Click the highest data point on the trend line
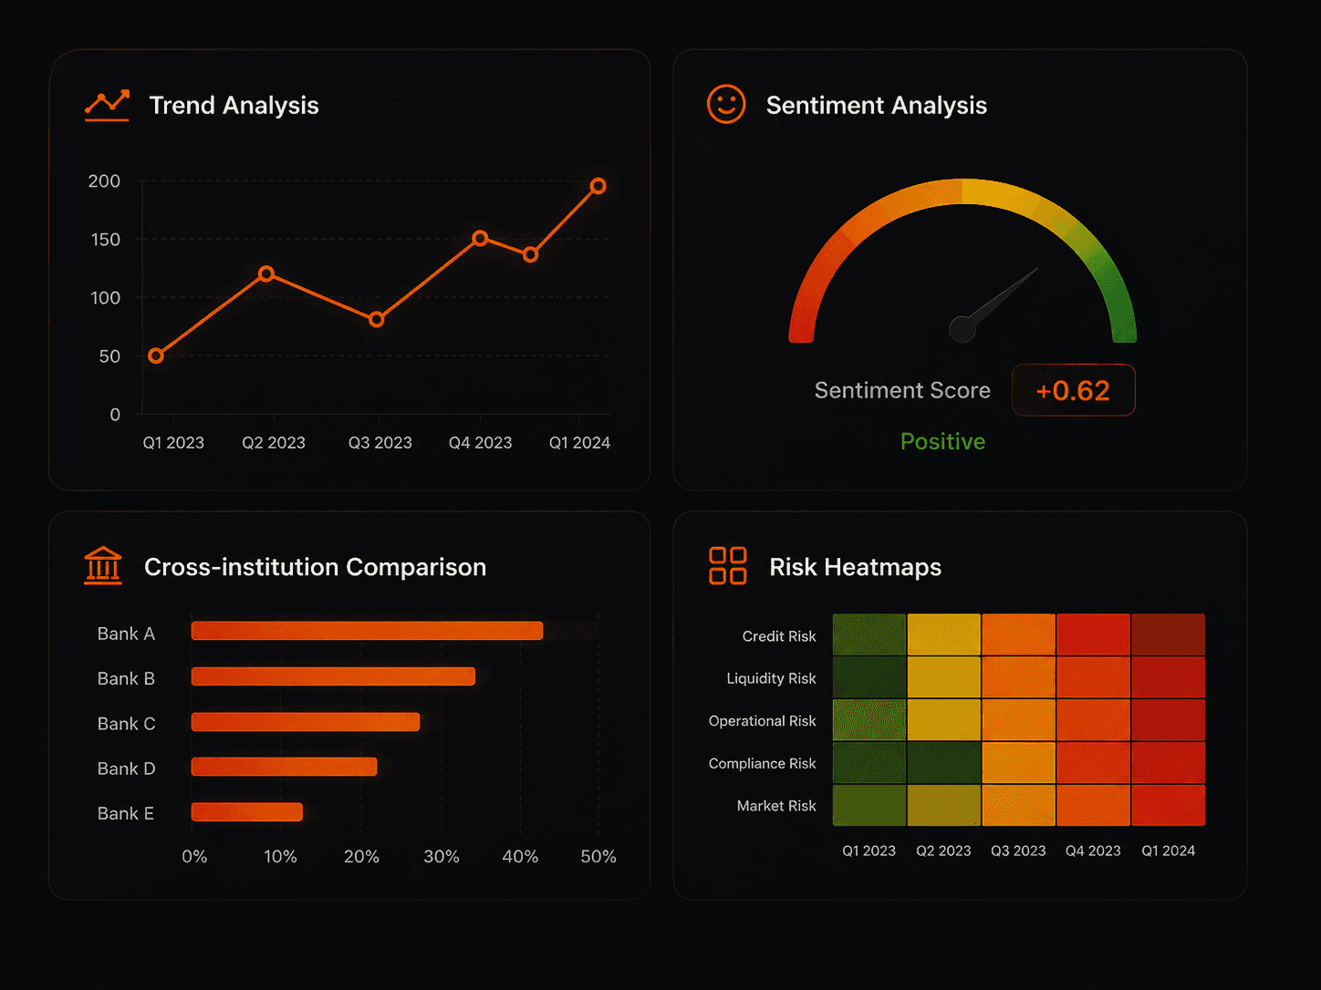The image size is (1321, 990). click(x=598, y=186)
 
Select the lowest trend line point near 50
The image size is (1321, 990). click(x=156, y=356)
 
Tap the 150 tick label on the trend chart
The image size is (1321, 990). click(x=105, y=240)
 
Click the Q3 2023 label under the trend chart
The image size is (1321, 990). click(x=380, y=443)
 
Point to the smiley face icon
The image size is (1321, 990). click(x=726, y=104)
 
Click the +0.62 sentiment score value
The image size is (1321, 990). click(x=1073, y=391)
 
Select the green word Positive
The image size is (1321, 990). click(x=942, y=442)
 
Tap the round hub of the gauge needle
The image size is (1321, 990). click(x=962, y=329)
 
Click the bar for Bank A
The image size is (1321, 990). click(x=367, y=631)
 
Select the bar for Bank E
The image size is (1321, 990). click(x=246, y=812)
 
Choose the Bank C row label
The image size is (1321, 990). click(x=127, y=724)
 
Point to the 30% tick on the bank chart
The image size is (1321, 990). click(x=442, y=857)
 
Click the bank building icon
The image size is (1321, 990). click(x=103, y=565)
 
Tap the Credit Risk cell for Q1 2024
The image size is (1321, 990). click(x=1168, y=634)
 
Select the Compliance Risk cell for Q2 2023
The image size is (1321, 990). click(x=943, y=763)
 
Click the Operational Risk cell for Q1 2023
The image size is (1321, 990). click(x=869, y=719)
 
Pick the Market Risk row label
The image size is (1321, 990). click(x=776, y=806)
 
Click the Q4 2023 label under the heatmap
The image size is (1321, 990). click(x=1093, y=851)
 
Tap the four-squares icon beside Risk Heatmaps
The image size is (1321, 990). click(x=728, y=565)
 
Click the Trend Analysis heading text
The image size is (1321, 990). click(x=234, y=106)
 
